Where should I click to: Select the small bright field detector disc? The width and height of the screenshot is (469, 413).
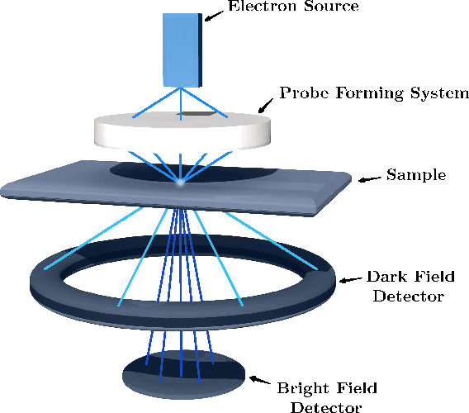(183, 375)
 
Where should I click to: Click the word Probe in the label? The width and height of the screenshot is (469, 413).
(302, 92)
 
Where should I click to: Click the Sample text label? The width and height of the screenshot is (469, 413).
(417, 175)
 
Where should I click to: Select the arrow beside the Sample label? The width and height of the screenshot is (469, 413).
(370, 177)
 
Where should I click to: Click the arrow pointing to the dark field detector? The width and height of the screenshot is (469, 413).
(350, 281)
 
